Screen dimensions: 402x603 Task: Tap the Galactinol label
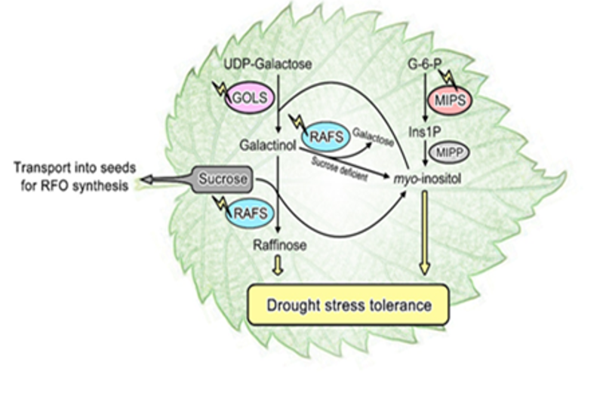(267, 143)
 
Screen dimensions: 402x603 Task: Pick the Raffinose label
(278, 244)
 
